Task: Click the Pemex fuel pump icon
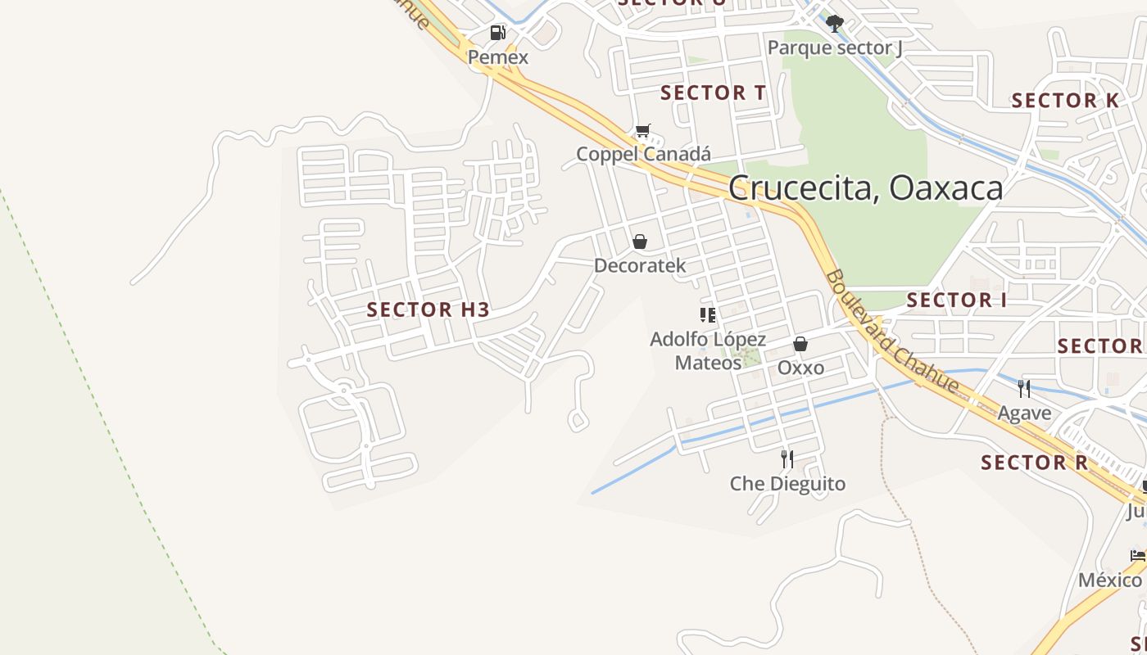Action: (x=497, y=33)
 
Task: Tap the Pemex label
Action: (x=498, y=57)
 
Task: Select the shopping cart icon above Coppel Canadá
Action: (x=643, y=130)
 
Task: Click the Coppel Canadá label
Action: (x=643, y=154)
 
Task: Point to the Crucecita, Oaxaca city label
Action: (x=865, y=188)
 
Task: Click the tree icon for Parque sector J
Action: (x=834, y=24)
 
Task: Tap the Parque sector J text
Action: (x=835, y=47)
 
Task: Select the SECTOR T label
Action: (x=714, y=93)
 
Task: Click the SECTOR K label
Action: (x=1065, y=101)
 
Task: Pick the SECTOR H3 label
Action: (x=428, y=309)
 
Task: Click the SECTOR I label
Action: (x=956, y=300)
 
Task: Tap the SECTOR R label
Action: (x=1034, y=463)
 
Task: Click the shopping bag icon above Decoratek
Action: (x=640, y=242)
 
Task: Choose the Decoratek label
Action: (x=640, y=266)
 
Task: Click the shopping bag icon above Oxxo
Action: (x=800, y=344)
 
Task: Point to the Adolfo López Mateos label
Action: (x=708, y=350)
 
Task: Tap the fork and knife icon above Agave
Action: (x=1023, y=388)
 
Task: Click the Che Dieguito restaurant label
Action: (x=787, y=484)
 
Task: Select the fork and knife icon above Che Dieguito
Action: (x=787, y=458)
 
